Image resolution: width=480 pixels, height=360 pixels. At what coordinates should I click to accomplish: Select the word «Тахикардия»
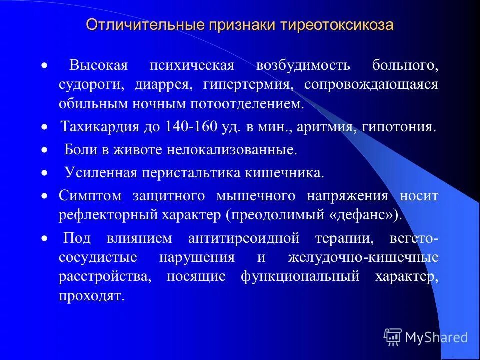coord(99,127)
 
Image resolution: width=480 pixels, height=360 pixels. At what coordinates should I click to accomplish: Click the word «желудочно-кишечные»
coord(363,257)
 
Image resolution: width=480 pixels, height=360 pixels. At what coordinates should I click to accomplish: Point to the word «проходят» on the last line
coord(90,295)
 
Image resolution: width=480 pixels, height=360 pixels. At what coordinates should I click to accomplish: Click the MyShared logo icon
coord(393,337)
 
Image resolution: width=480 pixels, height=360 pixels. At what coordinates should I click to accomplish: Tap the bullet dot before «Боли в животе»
coord(44,150)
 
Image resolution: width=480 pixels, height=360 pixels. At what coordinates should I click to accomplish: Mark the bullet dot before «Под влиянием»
coord(44,238)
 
